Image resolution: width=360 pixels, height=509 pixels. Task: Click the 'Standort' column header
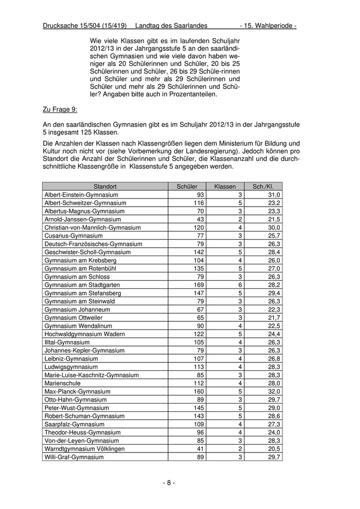click(105, 187)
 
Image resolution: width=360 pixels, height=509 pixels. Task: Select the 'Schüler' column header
click(187, 187)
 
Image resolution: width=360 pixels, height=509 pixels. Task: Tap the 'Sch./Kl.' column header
click(263, 187)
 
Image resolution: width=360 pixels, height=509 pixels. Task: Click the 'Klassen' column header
click(225, 187)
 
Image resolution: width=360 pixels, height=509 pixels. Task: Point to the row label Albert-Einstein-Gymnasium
click(81, 195)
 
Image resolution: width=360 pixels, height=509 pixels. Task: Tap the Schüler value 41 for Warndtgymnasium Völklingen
click(200, 449)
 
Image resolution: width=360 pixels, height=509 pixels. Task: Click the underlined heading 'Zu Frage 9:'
click(60, 109)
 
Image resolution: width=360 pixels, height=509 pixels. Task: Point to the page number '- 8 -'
click(169, 483)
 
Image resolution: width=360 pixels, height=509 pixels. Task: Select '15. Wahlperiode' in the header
click(270, 26)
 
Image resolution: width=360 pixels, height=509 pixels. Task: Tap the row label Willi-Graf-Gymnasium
click(74, 457)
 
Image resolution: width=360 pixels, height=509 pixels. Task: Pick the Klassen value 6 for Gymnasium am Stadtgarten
click(240, 285)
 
